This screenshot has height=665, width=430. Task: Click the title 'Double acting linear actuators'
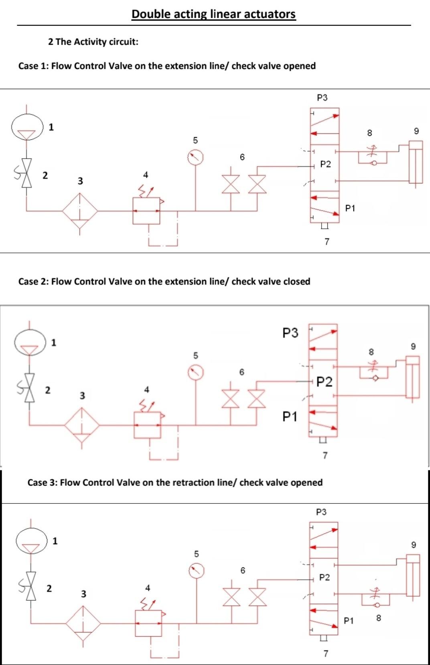point(213,14)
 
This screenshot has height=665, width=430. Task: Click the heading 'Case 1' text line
point(167,66)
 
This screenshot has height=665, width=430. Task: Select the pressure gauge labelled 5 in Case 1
point(195,157)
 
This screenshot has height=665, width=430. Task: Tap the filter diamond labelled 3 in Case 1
point(80,211)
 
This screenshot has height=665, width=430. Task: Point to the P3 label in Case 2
point(290,333)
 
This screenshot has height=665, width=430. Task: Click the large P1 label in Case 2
point(290,417)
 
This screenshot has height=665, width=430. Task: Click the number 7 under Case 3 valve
point(326,653)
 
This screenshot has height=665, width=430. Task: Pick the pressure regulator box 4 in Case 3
point(148,623)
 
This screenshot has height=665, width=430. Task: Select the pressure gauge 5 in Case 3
point(197,571)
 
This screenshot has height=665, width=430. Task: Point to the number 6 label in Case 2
point(241,372)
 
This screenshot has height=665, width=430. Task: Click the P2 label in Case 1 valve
point(326,164)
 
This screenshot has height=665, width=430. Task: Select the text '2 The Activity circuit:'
point(93,42)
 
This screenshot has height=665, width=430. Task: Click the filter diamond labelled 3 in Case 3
point(83,623)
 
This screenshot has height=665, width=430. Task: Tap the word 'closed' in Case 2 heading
point(297,281)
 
